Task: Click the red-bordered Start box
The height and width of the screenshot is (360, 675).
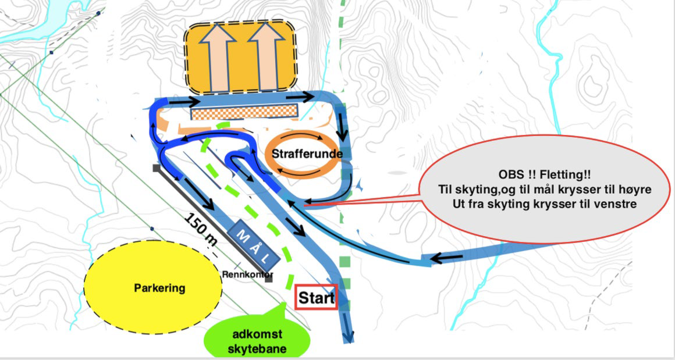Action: (317, 298)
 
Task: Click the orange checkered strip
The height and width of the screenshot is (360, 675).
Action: (244, 112)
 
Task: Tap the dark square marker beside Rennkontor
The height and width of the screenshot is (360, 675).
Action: (268, 280)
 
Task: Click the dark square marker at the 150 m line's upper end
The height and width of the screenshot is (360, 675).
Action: (156, 168)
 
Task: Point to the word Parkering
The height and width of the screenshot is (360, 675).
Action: (159, 287)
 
